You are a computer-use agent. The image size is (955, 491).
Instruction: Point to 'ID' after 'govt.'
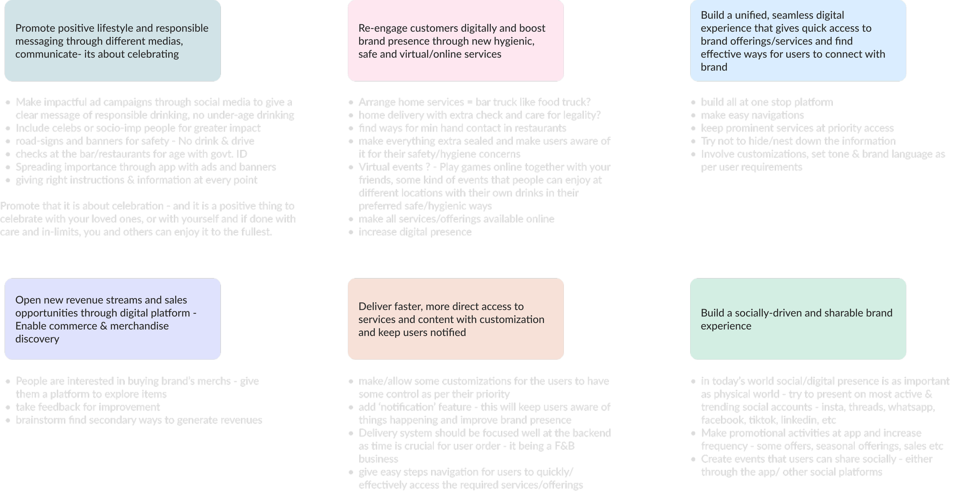click(x=241, y=154)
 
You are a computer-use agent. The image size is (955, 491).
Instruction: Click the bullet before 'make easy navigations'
click(x=694, y=115)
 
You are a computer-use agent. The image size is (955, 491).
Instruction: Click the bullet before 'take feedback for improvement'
click(x=8, y=407)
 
